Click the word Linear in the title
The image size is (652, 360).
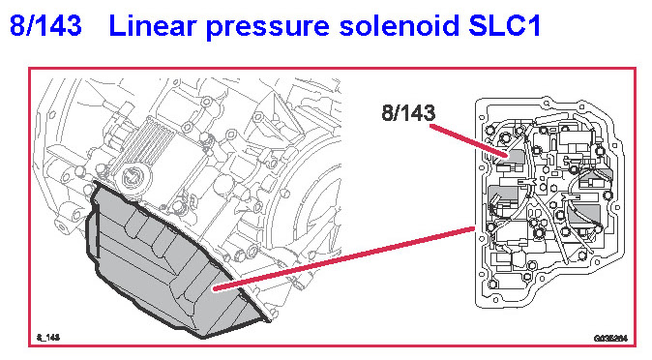(152, 25)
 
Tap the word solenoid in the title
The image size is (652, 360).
(400, 25)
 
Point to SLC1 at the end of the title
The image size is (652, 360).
(504, 25)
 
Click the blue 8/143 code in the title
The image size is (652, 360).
(45, 25)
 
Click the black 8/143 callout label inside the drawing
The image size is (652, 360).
(408, 113)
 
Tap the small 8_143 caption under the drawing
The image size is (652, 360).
(48, 337)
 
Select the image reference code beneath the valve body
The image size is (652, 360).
(610, 338)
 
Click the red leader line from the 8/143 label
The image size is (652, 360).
(469, 141)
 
